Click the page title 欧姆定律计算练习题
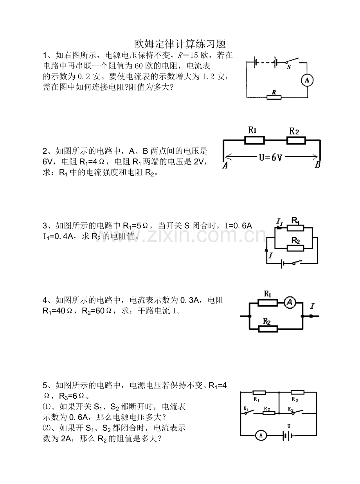(180, 44)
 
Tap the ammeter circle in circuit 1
(307, 81)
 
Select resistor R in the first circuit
(274, 97)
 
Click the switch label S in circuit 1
(289, 67)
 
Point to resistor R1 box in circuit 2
(255, 140)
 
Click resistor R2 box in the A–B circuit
(296, 140)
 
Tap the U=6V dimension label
(270, 157)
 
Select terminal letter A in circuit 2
(225, 166)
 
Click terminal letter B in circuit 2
(317, 165)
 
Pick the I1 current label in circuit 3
(280, 222)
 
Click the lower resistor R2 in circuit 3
(295, 248)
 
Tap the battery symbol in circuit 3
(282, 264)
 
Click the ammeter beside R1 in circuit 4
(290, 302)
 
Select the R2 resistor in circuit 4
(268, 329)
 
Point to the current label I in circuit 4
(312, 306)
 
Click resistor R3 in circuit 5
(297, 392)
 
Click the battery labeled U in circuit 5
(288, 436)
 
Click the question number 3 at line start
(45, 226)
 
